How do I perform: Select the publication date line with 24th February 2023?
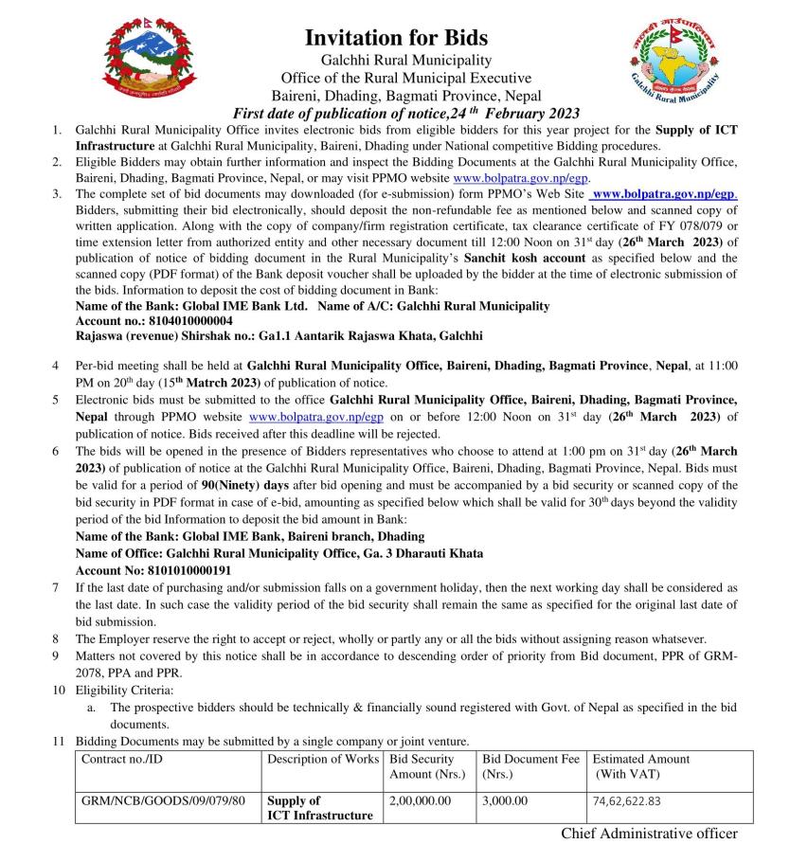406,114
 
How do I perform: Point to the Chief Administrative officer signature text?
649,834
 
